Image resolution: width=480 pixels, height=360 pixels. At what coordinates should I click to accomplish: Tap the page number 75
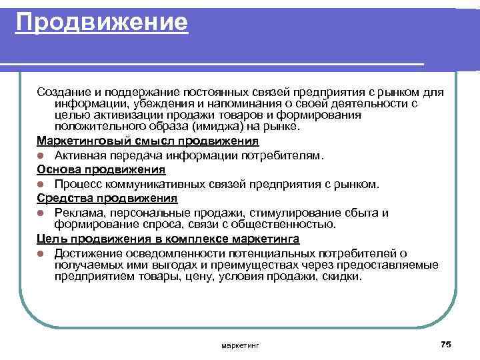click(446, 343)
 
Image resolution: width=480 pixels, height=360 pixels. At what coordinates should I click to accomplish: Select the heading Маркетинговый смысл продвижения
click(147, 141)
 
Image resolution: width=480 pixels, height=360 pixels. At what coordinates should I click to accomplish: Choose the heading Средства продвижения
click(107, 198)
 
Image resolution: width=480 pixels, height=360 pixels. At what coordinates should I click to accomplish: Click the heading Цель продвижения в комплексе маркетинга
click(168, 238)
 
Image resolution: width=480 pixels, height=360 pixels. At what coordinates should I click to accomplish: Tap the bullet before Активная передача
click(41, 156)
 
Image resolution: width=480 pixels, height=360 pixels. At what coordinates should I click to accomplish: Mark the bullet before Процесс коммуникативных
click(41, 184)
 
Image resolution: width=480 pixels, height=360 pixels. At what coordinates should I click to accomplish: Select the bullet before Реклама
click(41, 213)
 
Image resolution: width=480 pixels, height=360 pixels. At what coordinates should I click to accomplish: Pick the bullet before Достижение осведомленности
click(41, 254)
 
